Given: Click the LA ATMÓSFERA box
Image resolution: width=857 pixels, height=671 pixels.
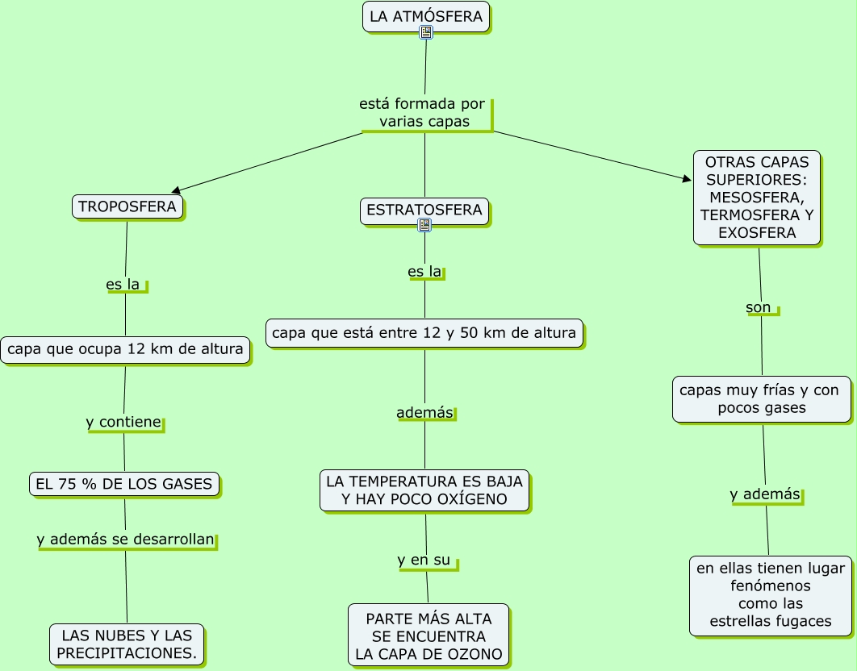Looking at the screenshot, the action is coord(426,17).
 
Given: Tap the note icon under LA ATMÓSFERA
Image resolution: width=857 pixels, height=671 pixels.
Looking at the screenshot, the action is coord(426,32).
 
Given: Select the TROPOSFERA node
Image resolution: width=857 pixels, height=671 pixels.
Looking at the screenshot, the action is coord(128,207).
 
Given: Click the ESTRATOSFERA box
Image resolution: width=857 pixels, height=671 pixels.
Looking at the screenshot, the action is coord(424,211).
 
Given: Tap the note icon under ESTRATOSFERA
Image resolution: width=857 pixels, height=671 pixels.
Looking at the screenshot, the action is coord(424,225).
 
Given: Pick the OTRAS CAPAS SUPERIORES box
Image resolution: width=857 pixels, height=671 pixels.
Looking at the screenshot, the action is coord(757,198).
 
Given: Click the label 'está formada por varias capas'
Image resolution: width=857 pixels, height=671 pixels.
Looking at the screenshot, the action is coord(423,113).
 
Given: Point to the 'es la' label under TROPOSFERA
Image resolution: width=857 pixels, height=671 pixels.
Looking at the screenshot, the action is coord(123,284).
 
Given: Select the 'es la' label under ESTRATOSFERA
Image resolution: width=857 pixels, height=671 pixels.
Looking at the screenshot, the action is coord(424,272).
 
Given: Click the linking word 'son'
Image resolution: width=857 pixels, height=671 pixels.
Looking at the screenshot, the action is coord(759,307).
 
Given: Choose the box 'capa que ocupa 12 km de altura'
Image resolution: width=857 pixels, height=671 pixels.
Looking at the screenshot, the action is coord(126,350).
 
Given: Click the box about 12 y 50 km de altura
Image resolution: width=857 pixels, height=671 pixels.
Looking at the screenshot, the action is coord(424,333).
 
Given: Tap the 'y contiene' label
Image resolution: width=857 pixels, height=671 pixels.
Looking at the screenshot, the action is coord(123,422).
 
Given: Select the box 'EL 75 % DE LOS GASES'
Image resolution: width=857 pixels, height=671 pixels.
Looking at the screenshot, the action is coord(124,484).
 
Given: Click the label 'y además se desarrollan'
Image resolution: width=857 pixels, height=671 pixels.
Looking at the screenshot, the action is coord(126,540).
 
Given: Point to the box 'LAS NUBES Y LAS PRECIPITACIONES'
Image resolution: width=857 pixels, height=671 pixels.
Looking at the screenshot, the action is coord(127,644).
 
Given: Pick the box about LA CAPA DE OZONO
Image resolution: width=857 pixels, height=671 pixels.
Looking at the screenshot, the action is coord(428,636).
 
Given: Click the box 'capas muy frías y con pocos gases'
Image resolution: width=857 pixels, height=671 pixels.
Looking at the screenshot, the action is coord(762,399).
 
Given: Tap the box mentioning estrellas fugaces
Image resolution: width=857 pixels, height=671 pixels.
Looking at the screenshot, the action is coord(771,596).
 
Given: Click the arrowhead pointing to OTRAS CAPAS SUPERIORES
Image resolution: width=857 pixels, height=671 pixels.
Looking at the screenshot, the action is coord(688,179).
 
